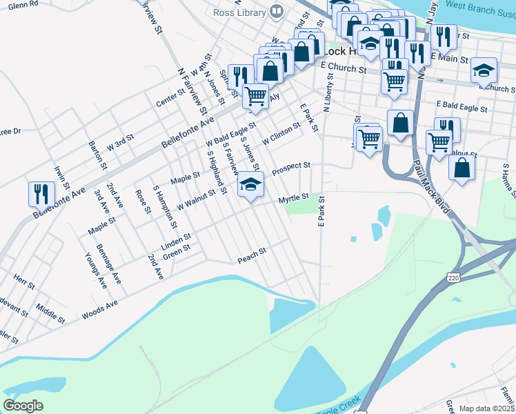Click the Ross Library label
(239, 12)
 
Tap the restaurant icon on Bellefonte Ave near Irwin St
(40, 195)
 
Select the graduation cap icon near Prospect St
(250, 184)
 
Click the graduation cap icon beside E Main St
(484, 71)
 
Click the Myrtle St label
(292, 199)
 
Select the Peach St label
(252, 253)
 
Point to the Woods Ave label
(100, 308)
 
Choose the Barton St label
(98, 156)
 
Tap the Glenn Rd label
(23, 4)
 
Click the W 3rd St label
(119, 143)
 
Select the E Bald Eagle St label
(462, 108)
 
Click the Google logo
(23, 405)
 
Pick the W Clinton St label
(281, 133)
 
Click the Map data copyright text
(487, 408)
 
